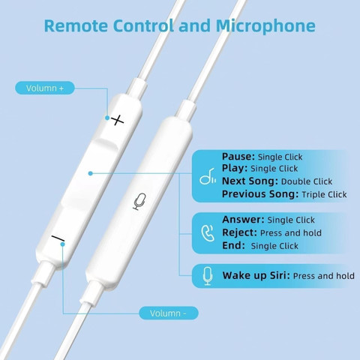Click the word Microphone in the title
point(265,26)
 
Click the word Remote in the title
point(76,25)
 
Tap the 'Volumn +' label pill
point(45,88)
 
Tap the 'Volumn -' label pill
point(169,313)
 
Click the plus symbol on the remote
point(117,120)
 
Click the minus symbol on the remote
point(58,238)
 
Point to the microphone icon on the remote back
point(139,202)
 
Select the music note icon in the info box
point(208,176)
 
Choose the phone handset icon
point(208,233)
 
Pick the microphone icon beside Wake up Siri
point(208,276)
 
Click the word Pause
point(238,157)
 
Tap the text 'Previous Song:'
point(260,194)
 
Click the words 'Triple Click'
point(324,194)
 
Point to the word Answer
point(243,220)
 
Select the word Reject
point(239,232)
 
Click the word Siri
point(280,275)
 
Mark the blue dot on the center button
point(91,173)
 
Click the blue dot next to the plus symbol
point(107,118)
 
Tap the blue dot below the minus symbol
point(62,244)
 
